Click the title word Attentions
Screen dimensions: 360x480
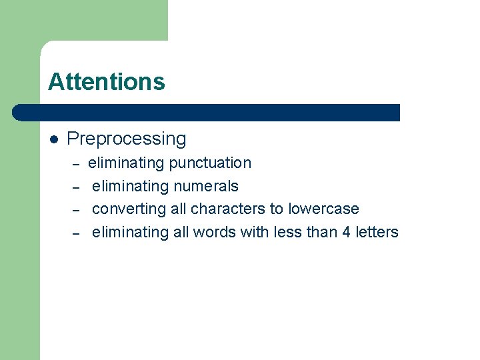tap(106, 81)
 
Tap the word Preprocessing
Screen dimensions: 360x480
tap(127, 139)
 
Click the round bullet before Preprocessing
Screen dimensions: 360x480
tap(55, 139)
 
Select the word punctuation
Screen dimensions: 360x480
tap(210, 163)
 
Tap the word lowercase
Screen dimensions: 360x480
tap(323, 209)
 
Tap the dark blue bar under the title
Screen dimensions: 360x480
tap(207, 112)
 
